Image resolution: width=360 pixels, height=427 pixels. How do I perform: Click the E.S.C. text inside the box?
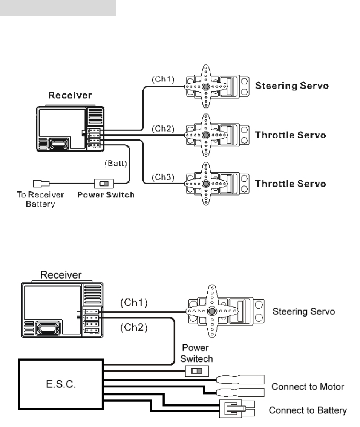point(61,384)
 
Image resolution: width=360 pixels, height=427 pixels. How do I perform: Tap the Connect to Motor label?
point(308,387)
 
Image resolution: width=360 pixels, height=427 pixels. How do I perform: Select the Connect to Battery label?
point(308,410)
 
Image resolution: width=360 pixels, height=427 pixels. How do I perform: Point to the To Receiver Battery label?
point(40,199)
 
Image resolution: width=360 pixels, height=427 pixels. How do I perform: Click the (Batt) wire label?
point(116,163)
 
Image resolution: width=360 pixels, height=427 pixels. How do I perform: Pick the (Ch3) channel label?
point(163,177)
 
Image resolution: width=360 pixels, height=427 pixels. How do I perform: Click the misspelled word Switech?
point(196,359)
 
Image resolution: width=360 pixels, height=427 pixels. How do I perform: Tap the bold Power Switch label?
point(106,195)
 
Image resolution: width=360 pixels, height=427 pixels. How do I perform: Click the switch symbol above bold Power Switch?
point(104,184)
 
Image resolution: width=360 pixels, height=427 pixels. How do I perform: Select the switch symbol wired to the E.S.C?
point(197,371)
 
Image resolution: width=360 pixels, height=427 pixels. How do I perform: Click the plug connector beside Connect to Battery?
point(237,409)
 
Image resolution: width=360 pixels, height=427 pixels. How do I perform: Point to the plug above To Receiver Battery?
point(41,184)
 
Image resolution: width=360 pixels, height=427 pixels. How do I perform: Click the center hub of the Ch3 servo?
point(206,184)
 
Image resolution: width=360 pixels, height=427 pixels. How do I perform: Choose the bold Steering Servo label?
point(292,86)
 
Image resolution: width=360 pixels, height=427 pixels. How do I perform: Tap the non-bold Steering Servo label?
point(303,311)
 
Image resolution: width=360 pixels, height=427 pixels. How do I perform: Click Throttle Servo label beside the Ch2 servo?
point(290,135)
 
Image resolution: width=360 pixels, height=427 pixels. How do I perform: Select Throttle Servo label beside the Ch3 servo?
point(290,184)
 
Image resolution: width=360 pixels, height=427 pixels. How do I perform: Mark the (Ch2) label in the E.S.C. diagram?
point(134,327)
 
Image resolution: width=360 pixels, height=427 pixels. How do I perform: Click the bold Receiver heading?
point(70,95)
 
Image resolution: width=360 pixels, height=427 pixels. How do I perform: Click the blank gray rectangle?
point(58,8)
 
